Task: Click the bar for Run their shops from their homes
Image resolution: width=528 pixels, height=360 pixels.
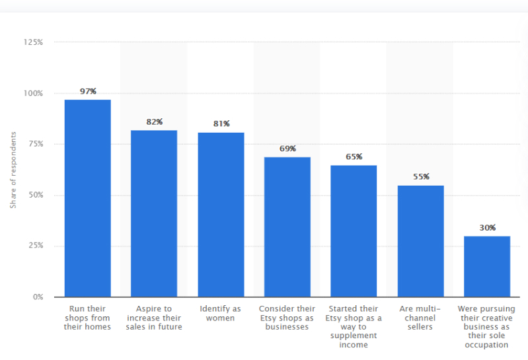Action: point(87,198)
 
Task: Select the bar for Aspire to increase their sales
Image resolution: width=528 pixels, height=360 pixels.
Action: point(154,213)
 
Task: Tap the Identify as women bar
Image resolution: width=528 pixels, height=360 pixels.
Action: point(221,215)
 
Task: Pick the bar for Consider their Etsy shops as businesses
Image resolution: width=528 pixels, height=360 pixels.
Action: point(287,227)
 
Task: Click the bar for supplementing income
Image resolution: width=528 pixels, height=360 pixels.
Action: point(354,231)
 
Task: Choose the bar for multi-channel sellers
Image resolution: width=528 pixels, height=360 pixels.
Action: point(420,241)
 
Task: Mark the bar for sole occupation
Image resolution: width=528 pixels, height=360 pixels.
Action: point(487,266)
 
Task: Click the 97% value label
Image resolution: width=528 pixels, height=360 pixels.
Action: point(89,91)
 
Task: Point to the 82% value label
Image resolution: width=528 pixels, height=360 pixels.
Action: point(155,122)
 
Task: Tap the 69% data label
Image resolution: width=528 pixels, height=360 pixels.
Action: point(288,149)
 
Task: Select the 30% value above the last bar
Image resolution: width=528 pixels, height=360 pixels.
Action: point(488,228)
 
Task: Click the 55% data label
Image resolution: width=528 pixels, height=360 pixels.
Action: point(421,176)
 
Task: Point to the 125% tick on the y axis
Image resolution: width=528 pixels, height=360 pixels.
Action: point(33,42)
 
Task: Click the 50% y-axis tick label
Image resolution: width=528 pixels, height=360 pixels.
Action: point(36,195)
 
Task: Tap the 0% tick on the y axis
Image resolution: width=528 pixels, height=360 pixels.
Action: point(38,297)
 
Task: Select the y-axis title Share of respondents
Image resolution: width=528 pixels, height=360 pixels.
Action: point(13,170)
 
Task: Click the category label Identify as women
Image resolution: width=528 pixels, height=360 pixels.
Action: point(220,313)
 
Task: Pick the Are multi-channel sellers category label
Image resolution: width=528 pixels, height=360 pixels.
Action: point(420,318)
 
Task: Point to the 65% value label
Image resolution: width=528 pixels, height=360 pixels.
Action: point(354,157)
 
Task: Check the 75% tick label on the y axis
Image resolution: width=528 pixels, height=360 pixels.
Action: point(36,144)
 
